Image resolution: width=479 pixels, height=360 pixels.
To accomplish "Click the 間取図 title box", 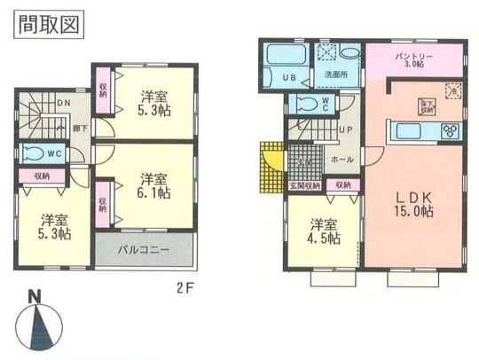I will pyautogui.click(x=50, y=25).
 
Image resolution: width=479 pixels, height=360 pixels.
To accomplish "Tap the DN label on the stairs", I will pyautogui.click(x=63, y=104).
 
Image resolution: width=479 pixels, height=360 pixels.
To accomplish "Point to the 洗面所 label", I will pyautogui.click(x=336, y=74).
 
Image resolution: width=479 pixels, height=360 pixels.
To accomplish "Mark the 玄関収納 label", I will pyautogui.click(x=302, y=185).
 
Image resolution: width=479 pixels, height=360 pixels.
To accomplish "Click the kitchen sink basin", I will pyautogui.click(x=409, y=131).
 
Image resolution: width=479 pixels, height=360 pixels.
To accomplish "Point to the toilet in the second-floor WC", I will pyautogui.click(x=38, y=152).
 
